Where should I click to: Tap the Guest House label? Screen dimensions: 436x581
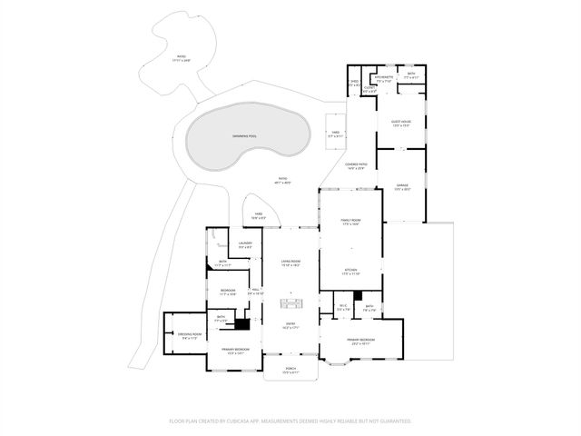pos(401,121)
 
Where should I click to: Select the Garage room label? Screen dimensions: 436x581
pos(402,185)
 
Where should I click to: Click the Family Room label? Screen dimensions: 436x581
pos(351,221)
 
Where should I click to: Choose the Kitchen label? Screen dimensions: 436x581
pos(351,270)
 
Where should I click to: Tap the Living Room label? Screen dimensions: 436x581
pos(290,262)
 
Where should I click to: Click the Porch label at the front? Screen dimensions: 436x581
pos(290,369)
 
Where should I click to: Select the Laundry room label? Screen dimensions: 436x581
pos(245,243)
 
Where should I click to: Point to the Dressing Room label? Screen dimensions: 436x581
pos(189,334)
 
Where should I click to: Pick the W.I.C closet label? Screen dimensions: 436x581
pos(343,306)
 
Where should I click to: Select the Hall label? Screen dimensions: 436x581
pos(256,291)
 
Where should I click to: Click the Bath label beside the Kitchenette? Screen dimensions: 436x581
pos(411,74)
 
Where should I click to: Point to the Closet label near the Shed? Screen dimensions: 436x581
pos(369,88)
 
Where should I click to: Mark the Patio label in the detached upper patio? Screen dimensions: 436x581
pos(181,57)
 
